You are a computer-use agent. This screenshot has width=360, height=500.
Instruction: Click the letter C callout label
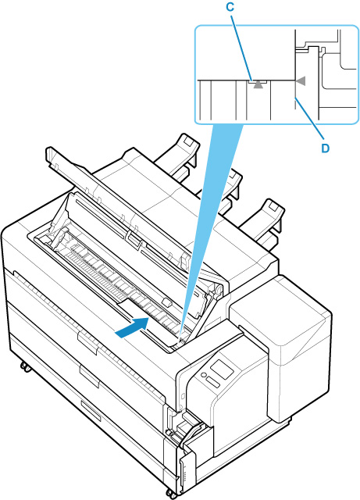point(230,8)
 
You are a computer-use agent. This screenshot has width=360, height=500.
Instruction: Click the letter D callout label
point(325,148)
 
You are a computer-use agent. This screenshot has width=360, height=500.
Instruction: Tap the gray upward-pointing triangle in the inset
point(258,84)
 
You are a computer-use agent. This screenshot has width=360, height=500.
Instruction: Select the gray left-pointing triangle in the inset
point(301,81)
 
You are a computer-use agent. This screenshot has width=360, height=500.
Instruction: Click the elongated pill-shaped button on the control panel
point(212,383)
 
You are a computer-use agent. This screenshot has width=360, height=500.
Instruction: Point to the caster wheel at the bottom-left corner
point(26,366)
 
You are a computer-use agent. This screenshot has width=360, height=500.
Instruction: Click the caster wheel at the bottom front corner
point(171,494)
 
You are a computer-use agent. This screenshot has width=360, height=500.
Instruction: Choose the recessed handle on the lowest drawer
point(91,411)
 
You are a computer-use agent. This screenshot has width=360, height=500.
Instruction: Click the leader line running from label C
point(242,46)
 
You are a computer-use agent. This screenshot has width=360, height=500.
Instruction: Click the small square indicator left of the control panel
point(183,396)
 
